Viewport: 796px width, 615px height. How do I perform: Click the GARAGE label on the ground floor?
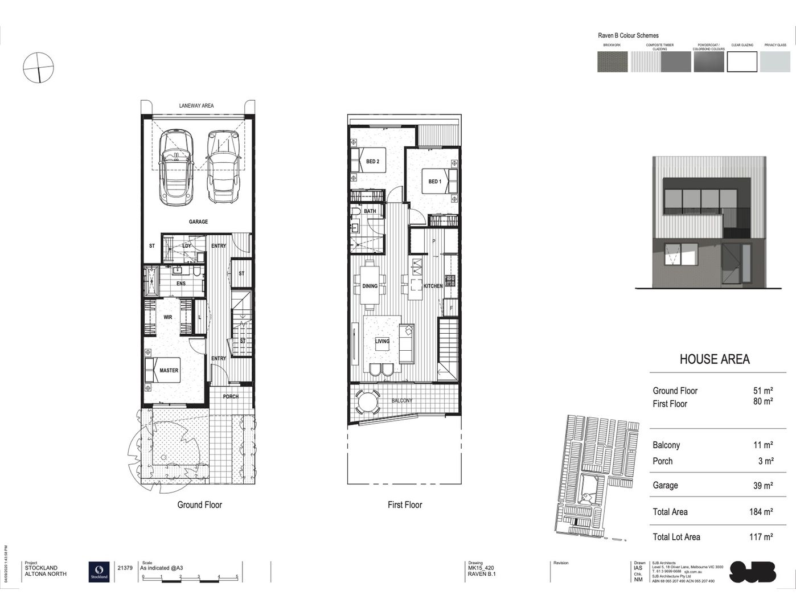tap(198, 222)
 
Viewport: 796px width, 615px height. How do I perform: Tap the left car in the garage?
tap(176, 169)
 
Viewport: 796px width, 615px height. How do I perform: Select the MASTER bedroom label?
tap(169, 370)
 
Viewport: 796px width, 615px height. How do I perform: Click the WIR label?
tap(167, 317)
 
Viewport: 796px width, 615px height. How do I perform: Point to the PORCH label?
tap(231, 396)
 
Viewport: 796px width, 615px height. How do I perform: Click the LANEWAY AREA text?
tap(196, 105)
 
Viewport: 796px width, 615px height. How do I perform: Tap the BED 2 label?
tap(372, 162)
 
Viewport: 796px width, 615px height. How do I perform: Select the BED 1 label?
tap(434, 182)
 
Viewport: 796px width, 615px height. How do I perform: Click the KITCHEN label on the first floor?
tap(433, 286)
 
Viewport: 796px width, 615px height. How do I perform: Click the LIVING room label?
tap(382, 342)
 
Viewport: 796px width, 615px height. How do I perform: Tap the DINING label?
tap(370, 286)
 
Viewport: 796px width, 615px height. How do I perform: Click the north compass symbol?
tap(39, 67)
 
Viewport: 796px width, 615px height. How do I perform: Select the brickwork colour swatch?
tap(612, 61)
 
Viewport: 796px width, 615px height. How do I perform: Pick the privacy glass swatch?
tap(775, 61)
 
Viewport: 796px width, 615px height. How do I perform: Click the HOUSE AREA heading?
tap(715, 359)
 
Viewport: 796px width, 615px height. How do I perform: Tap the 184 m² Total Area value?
tap(761, 512)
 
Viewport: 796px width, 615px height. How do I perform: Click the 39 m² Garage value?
tap(762, 486)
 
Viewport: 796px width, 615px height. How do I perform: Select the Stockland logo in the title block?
tap(99, 571)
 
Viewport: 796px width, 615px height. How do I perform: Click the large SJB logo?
tap(752, 572)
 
